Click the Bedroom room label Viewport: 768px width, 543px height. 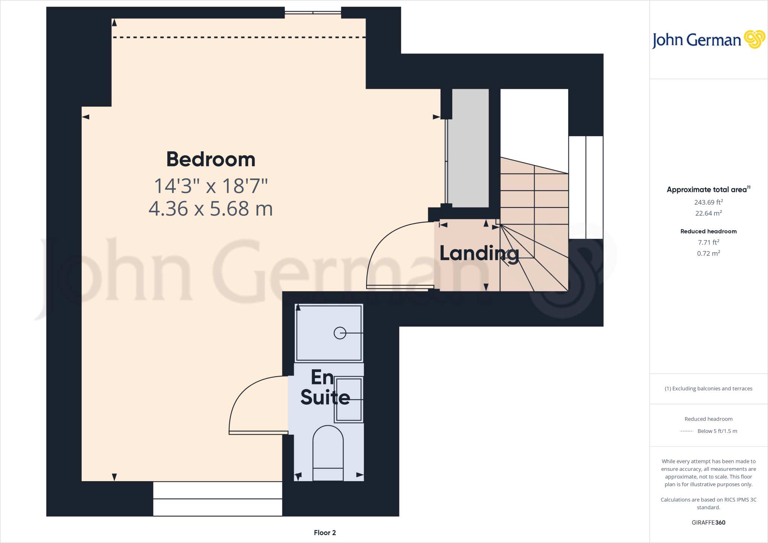211,159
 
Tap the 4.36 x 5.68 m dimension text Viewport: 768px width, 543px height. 211,209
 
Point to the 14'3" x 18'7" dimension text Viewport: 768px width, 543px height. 211,186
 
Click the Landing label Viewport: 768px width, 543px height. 479,254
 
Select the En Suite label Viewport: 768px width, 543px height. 325,387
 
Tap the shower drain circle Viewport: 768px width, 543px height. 340,333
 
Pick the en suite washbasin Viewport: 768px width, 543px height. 349,399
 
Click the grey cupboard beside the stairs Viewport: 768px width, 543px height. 470,148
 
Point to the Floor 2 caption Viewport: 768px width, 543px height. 325,533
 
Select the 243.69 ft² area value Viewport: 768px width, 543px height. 708,202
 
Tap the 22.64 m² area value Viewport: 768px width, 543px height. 708,213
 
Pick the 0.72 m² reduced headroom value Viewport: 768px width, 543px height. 708,253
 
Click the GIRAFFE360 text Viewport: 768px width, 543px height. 708,522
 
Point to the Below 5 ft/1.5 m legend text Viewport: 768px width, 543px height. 717,431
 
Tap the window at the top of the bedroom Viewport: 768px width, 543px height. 313,13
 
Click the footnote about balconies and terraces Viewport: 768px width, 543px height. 708,388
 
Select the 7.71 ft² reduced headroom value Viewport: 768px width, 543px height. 708,243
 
